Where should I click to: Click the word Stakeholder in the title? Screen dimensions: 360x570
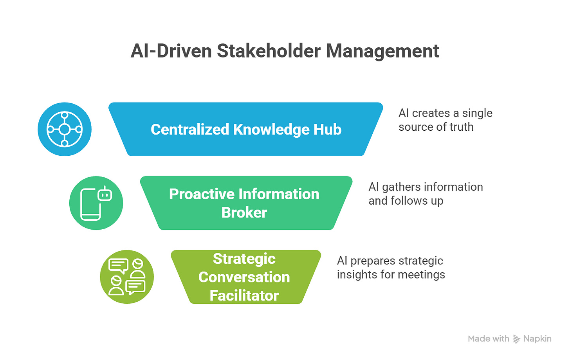(x=269, y=51)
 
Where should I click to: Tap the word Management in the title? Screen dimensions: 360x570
(x=382, y=51)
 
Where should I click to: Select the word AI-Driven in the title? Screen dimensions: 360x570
(x=171, y=51)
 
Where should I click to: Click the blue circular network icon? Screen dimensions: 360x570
(x=65, y=129)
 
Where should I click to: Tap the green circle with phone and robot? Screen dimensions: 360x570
(x=96, y=203)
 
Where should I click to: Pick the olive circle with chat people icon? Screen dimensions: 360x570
(x=127, y=277)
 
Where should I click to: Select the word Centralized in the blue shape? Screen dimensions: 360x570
(x=189, y=130)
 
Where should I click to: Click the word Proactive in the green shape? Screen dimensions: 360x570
(x=202, y=194)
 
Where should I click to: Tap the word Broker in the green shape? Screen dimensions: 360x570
(x=244, y=212)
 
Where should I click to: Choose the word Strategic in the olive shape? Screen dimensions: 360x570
(x=244, y=259)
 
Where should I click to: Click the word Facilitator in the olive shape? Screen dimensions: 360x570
(x=244, y=295)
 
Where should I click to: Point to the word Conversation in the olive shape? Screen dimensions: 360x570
(x=244, y=277)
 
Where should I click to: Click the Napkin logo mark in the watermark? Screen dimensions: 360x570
(x=516, y=339)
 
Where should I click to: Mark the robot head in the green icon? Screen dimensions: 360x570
(x=105, y=194)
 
